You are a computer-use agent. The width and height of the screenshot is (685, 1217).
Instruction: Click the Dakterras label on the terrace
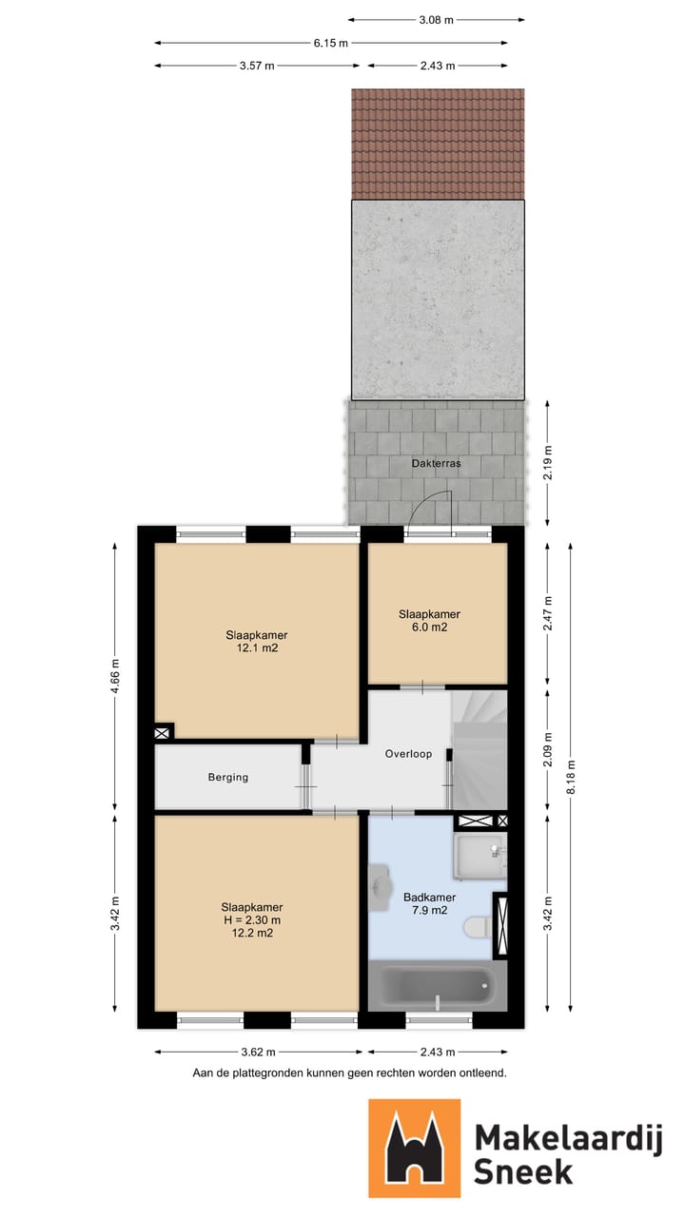pyautogui.click(x=437, y=464)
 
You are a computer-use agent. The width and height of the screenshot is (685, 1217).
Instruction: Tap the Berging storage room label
pyautogui.click(x=228, y=777)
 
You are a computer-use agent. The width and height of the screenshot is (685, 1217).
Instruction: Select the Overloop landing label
pyautogui.click(x=408, y=754)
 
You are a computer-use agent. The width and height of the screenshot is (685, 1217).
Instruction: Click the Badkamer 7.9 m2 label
pyautogui.click(x=429, y=903)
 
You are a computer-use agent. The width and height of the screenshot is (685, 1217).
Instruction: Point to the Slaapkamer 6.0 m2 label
pyautogui.click(x=428, y=621)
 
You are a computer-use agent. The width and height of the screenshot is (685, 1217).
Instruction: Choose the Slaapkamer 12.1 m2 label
pyautogui.click(x=257, y=642)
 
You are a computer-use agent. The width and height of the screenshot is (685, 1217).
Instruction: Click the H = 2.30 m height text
pyautogui.click(x=251, y=920)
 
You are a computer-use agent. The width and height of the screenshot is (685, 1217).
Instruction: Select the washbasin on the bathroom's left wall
pyautogui.click(x=381, y=885)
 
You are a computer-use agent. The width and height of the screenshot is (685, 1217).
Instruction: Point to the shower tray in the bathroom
pyautogui.click(x=479, y=857)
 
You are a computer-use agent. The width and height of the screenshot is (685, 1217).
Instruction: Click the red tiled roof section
pyautogui.click(x=438, y=144)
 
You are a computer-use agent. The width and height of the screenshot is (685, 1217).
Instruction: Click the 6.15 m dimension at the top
pyautogui.click(x=331, y=42)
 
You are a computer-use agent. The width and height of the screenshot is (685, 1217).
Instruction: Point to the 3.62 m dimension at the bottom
pyautogui.click(x=257, y=1052)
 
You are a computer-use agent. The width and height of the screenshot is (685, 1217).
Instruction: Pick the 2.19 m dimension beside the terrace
pyautogui.click(x=547, y=463)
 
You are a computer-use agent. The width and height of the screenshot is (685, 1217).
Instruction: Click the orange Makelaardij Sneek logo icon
pyautogui.click(x=415, y=1148)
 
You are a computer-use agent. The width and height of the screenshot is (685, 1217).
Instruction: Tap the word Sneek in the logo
pyautogui.click(x=522, y=1170)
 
